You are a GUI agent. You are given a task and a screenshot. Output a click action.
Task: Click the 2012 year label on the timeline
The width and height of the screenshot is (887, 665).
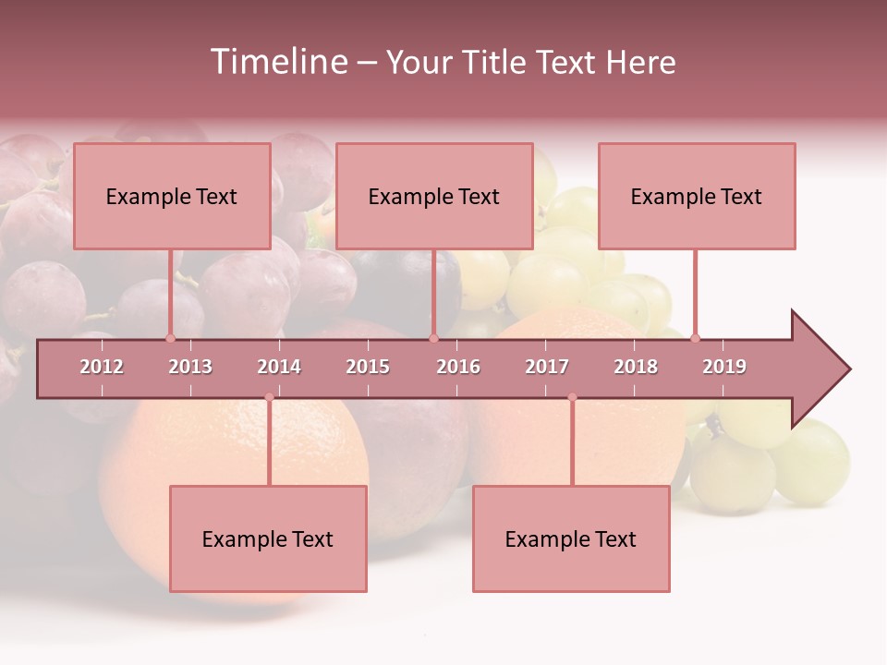click(x=102, y=367)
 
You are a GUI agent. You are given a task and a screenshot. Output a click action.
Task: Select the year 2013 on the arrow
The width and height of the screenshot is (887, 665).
click(x=190, y=367)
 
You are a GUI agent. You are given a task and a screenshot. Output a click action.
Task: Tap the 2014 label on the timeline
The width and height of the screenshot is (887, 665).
click(x=279, y=367)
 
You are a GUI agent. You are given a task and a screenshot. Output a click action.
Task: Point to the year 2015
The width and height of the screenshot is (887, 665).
click(x=368, y=367)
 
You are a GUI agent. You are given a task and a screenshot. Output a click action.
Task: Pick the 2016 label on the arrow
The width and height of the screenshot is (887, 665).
click(x=458, y=367)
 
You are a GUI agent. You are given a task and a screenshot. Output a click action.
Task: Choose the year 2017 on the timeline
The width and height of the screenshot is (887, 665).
click(x=547, y=367)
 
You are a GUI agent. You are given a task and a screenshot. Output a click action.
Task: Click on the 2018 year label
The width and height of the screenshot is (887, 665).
click(x=636, y=367)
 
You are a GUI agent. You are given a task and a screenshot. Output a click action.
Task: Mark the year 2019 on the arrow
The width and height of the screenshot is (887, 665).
click(x=724, y=367)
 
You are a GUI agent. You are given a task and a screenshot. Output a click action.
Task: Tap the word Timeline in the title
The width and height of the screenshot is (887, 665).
click(x=278, y=62)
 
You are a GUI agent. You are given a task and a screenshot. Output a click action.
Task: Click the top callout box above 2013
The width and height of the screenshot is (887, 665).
click(x=172, y=196)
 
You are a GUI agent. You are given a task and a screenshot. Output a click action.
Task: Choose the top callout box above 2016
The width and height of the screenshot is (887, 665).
click(x=434, y=196)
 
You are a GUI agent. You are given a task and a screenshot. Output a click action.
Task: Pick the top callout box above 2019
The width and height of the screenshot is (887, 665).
click(x=697, y=196)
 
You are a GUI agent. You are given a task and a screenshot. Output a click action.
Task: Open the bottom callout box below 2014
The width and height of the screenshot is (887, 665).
click(x=268, y=538)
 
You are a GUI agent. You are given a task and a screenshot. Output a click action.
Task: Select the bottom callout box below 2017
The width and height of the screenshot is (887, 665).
click(x=571, y=538)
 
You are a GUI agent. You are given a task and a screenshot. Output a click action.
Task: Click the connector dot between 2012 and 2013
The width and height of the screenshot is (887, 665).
click(x=170, y=338)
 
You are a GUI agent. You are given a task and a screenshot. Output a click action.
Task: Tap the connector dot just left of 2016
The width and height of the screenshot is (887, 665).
click(x=433, y=338)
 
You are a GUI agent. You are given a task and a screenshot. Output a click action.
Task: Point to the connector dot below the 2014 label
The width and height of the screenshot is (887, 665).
click(x=269, y=397)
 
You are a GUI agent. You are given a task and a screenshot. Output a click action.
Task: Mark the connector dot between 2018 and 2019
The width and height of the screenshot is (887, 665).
click(x=695, y=338)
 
